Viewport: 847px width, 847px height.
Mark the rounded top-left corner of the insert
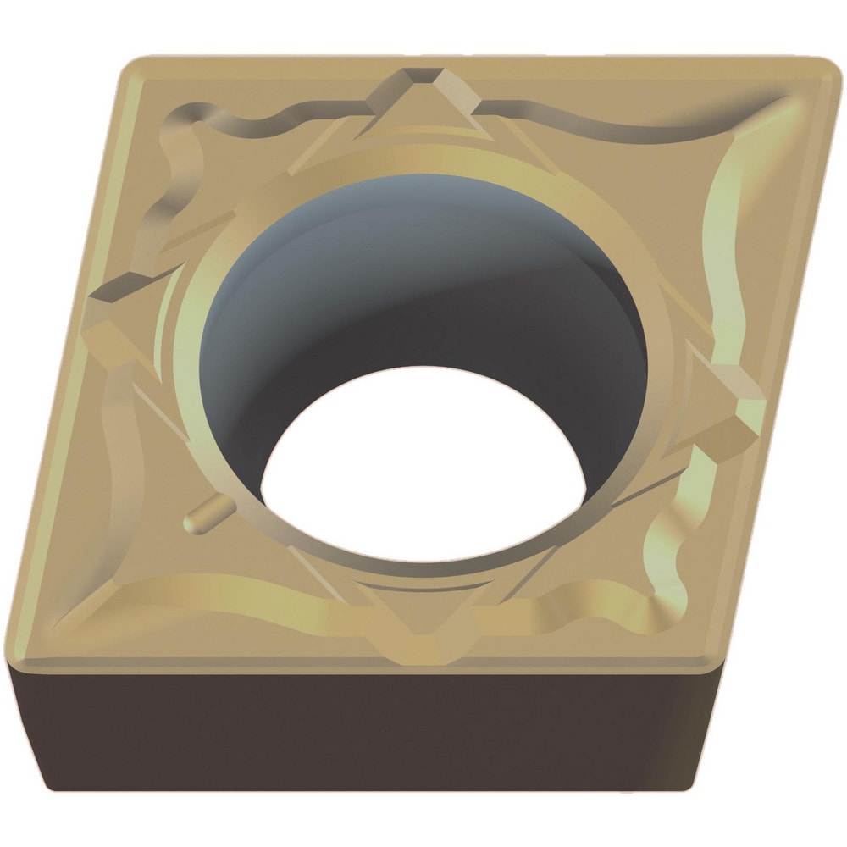click(136, 68)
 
